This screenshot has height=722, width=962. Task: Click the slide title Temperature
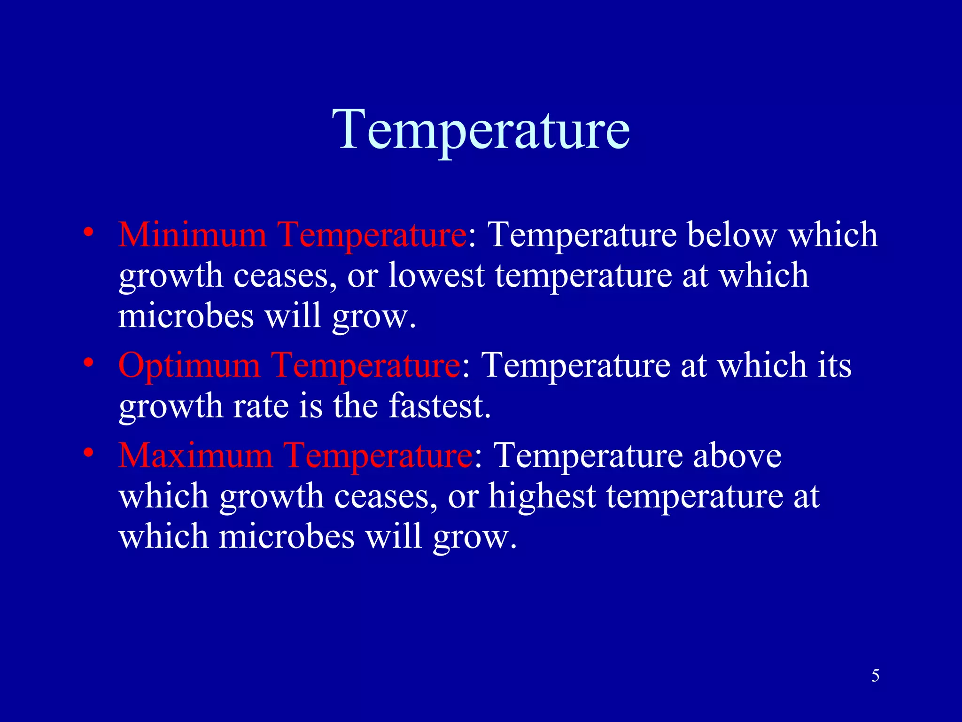pos(481,129)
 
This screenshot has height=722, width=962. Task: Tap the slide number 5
pos(875,676)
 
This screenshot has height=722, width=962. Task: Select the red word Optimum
pos(189,365)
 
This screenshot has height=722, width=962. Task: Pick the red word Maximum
pos(195,455)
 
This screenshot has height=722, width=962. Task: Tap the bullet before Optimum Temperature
pos(88,362)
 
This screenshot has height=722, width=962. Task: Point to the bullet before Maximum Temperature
pos(88,453)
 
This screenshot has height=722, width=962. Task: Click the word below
pos(732,235)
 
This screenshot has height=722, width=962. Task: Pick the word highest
pos(542,497)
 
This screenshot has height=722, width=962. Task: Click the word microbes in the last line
pos(287,537)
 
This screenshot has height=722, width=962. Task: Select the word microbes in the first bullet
pos(186,316)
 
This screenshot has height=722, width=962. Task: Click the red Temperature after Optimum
pos(365,365)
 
